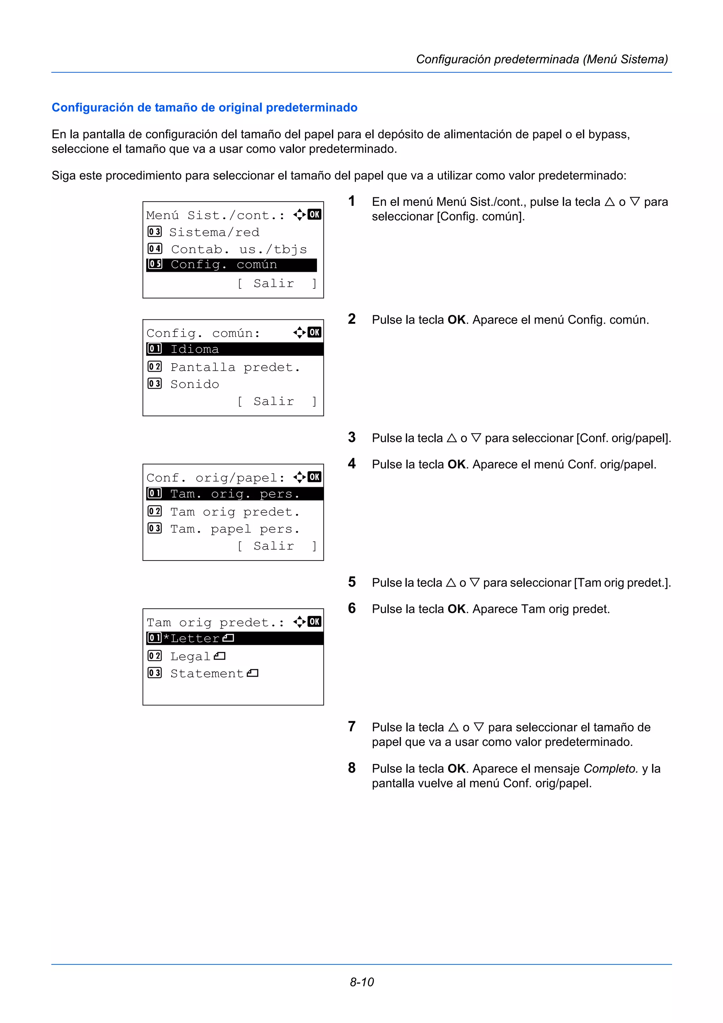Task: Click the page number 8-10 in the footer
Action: click(x=361, y=982)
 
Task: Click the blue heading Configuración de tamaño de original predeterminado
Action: click(x=204, y=107)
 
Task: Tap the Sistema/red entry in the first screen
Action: click(x=214, y=232)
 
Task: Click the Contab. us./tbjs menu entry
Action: click(x=238, y=249)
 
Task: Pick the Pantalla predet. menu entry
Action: click(x=235, y=367)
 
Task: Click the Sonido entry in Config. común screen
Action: click(x=195, y=384)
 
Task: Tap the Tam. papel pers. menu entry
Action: click(x=234, y=529)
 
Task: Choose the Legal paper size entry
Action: click(x=197, y=656)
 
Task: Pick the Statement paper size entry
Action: click(x=214, y=673)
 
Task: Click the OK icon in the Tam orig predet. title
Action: click(x=314, y=622)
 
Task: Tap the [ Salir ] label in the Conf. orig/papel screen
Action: click(x=276, y=546)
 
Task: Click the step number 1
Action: click(x=352, y=202)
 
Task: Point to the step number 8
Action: click(x=352, y=768)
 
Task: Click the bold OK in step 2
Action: click(x=456, y=320)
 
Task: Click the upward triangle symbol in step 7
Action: click(x=453, y=728)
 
